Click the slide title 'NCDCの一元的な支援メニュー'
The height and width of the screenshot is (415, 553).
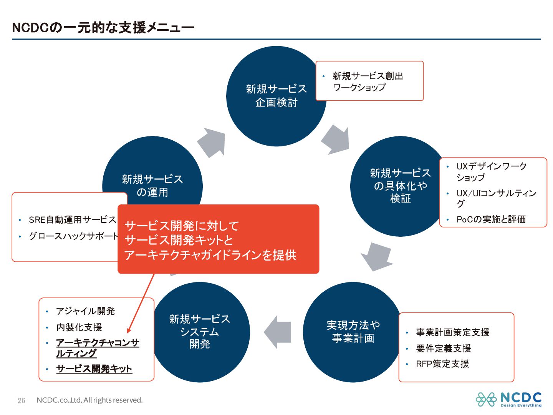[x=103, y=28]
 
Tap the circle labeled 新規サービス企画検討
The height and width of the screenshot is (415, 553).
[x=276, y=96]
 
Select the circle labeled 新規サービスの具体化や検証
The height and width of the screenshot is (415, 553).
[x=400, y=186]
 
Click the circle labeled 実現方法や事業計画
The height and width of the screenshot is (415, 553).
[x=353, y=332]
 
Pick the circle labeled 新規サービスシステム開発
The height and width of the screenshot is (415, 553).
[x=199, y=332]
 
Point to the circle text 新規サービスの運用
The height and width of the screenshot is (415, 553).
[x=152, y=185]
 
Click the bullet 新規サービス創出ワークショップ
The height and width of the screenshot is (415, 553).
[x=368, y=81]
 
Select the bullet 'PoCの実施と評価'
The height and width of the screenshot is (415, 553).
[x=491, y=219]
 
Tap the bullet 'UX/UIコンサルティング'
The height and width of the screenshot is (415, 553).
[x=496, y=198]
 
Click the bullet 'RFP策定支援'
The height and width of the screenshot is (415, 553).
[x=442, y=364]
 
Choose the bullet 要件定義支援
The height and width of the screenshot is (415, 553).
[x=443, y=349]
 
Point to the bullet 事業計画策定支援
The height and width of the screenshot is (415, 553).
[x=452, y=332]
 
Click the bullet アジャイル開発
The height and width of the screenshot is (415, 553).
[x=85, y=311]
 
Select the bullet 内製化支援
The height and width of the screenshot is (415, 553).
[x=79, y=327]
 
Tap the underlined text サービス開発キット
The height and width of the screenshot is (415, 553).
[x=94, y=369]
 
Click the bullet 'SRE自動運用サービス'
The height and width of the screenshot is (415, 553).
[x=72, y=220]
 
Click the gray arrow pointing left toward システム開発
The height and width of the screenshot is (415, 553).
[x=277, y=332]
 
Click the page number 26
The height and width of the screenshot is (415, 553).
[x=22, y=400]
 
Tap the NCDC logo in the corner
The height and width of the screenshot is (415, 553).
[x=508, y=399]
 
